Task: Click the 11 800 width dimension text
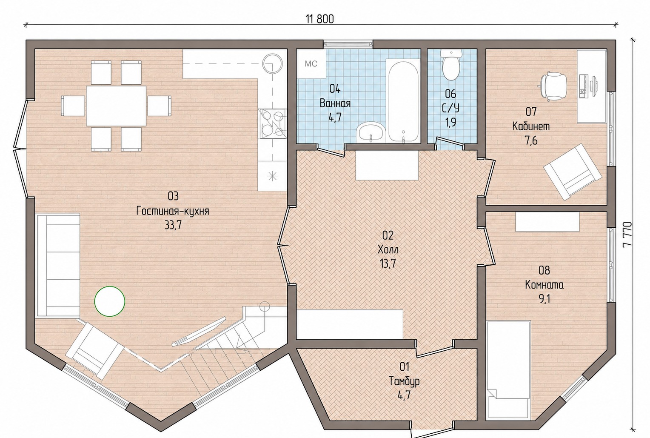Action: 320,19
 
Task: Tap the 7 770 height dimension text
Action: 627,234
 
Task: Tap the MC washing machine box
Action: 311,63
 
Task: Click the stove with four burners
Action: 272,124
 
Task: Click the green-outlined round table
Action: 110,301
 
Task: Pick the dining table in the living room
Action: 116,106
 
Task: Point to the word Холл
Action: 388,249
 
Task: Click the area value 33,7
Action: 173,225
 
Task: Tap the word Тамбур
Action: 404,381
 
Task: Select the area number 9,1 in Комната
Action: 545,300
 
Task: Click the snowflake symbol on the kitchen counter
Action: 272,176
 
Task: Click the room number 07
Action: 531,112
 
